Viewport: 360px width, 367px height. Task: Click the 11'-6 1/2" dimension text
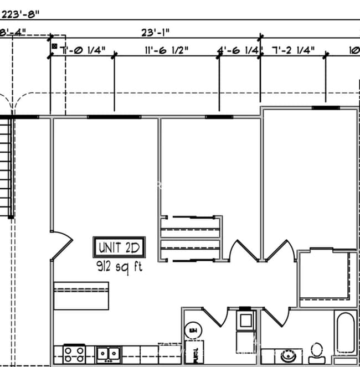click(x=166, y=50)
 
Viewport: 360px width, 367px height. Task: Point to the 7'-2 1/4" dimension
click(x=294, y=50)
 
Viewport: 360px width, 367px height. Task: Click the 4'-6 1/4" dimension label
click(x=238, y=50)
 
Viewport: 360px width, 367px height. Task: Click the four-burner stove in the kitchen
click(x=74, y=353)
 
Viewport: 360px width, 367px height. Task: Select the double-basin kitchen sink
click(x=108, y=353)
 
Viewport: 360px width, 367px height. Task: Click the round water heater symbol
click(x=193, y=331)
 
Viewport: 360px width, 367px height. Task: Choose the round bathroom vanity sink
click(x=289, y=354)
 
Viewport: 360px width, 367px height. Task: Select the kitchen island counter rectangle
click(x=81, y=296)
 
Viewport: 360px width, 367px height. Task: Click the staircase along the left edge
click(x=6, y=166)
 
